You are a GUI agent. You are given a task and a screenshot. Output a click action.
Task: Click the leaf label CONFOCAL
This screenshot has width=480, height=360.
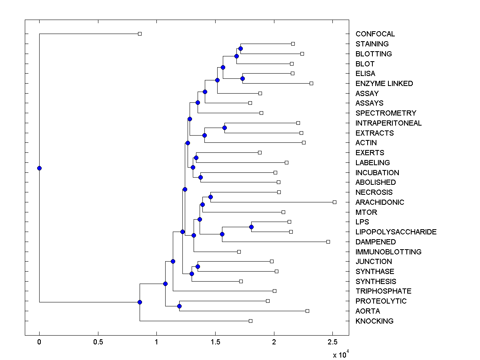coord(375,34)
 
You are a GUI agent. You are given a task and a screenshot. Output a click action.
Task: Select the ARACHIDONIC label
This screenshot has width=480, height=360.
coord(380,202)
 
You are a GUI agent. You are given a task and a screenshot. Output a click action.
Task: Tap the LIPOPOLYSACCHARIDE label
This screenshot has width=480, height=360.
coord(396,232)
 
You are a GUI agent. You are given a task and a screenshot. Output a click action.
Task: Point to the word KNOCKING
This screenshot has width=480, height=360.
coord(374,321)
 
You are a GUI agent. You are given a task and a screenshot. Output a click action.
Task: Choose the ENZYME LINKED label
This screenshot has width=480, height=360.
coord(384,84)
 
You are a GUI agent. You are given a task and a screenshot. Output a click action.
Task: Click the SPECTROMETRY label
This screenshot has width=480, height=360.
coord(386,113)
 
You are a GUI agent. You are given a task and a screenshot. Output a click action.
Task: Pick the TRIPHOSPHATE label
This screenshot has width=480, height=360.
coord(383,291)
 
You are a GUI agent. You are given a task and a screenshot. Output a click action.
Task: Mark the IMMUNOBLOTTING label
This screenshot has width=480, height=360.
coord(388,252)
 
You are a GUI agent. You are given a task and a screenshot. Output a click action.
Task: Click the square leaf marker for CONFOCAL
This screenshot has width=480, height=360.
coord(140,34)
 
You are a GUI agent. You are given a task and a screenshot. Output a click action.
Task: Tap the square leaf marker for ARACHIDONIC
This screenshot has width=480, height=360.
coord(335,202)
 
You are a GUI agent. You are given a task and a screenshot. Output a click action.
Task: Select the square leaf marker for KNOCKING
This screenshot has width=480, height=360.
coord(250,321)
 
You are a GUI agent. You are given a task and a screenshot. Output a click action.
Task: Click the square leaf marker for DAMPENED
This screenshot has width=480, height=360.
coord(328,242)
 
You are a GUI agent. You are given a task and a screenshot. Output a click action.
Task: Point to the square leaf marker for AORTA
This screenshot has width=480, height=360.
coord(307,311)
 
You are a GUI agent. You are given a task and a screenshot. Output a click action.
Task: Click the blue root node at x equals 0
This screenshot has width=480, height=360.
coord(39,168)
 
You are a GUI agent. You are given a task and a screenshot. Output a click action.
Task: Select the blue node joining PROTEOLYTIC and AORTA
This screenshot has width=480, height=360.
coord(179,306)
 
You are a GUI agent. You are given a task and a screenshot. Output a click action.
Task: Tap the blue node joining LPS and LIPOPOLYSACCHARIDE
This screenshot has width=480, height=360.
coord(251,227)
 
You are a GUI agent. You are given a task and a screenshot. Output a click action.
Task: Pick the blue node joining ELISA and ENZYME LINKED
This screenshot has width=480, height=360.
coord(242,78)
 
